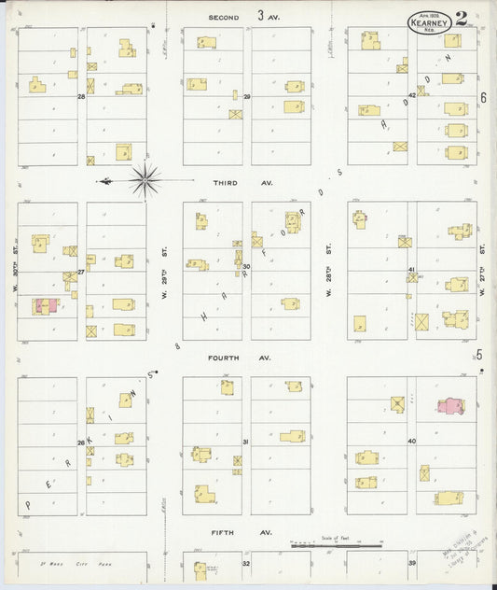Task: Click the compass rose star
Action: click(145, 180)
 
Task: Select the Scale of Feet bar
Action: click(336, 546)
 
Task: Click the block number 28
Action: click(81, 96)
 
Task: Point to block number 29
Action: click(247, 96)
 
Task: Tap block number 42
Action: click(411, 95)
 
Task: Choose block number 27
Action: click(81, 272)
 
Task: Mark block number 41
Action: click(411, 269)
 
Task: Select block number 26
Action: click(81, 442)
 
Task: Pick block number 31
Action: click(246, 442)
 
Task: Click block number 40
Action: click(411, 441)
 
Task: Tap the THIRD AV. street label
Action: click(227, 183)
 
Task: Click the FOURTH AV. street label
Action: click(227, 357)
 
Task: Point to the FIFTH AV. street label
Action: click(227, 532)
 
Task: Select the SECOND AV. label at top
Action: click(227, 17)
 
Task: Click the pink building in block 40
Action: click(450, 406)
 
